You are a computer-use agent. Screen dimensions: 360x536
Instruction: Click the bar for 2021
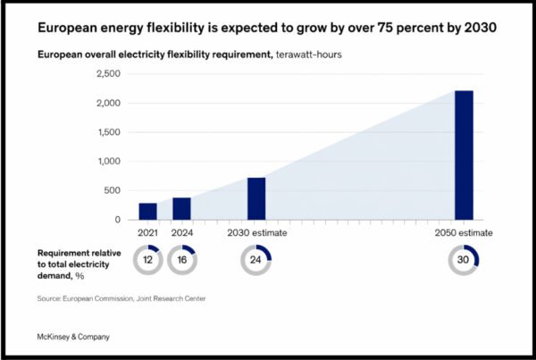pos(147,211)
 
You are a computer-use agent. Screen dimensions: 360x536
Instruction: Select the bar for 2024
pos(181,208)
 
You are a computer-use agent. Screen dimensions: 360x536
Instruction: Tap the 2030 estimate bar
pos(256,198)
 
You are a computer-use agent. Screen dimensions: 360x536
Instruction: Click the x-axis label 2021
pos(147,233)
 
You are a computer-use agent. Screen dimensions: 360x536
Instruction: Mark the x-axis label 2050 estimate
pos(465,233)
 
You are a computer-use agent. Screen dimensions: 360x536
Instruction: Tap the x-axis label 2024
pos(181,233)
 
